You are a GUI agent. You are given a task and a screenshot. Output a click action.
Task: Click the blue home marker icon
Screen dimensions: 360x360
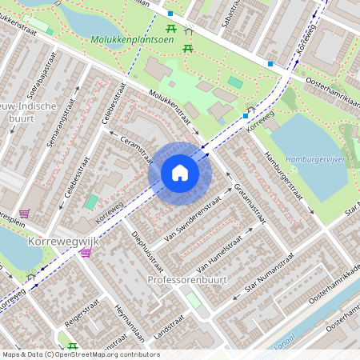180,173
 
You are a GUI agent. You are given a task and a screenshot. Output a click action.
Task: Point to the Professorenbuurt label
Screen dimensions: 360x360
188,280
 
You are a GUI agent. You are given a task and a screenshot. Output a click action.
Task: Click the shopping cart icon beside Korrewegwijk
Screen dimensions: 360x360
86,252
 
